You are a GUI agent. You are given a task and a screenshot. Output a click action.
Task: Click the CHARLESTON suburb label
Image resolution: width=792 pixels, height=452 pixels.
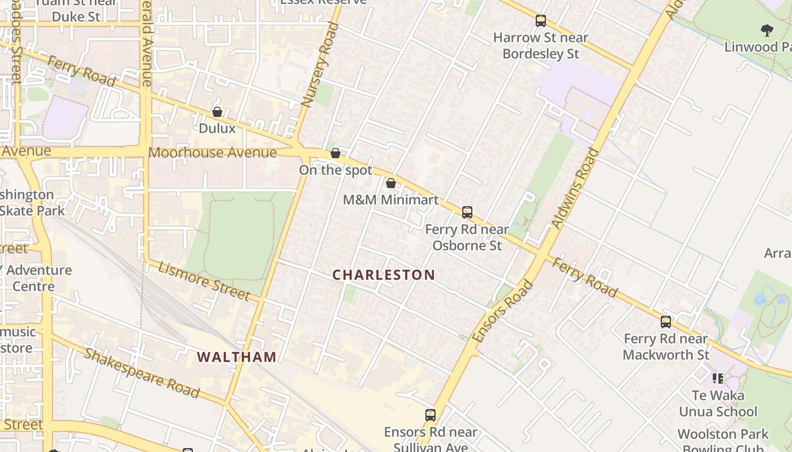(x=384, y=275)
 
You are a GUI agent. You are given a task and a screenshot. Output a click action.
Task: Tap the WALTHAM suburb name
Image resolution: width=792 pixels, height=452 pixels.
(x=237, y=357)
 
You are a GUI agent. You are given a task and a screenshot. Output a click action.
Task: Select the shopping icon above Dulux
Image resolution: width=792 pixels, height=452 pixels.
(x=217, y=112)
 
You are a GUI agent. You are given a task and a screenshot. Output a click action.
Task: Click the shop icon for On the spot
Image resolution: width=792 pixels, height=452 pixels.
(x=335, y=153)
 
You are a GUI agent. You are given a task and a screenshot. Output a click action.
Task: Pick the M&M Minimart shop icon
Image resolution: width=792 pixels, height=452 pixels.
(x=391, y=183)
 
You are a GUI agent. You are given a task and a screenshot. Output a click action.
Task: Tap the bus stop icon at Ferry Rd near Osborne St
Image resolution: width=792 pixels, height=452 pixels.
(x=467, y=212)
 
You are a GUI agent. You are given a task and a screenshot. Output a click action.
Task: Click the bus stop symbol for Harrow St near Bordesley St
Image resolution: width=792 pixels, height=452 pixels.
(x=541, y=21)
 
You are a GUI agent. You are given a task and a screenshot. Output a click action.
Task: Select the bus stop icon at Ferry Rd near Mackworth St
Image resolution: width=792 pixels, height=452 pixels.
(x=666, y=322)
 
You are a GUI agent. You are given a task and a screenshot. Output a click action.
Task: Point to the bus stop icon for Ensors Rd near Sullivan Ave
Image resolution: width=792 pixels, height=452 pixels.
(x=431, y=415)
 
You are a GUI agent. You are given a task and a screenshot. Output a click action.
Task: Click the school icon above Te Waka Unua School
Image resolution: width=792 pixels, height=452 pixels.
(x=718, y=378)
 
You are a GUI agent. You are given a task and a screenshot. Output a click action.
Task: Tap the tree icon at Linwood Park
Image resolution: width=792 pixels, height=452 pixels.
(x=767, y=30)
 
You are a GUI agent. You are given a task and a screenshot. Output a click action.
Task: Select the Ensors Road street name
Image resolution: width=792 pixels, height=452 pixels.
(x=503, y=311)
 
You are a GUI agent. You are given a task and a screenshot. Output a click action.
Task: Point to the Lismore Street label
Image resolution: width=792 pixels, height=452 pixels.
(x=204, y=281)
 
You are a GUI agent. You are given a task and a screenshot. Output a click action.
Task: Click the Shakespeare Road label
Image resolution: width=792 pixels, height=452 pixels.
(x=141, y=373)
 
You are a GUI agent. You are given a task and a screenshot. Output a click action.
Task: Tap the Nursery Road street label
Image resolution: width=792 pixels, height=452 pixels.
(x=316, y=64)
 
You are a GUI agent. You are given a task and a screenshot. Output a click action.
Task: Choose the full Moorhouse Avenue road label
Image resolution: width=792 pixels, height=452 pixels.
(x=213, y=153)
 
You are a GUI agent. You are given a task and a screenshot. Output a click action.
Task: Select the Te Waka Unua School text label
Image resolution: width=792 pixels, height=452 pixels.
(x=718, y=403)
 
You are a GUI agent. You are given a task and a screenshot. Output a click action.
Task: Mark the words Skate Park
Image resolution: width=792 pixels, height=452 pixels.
(x=33, y=211)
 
